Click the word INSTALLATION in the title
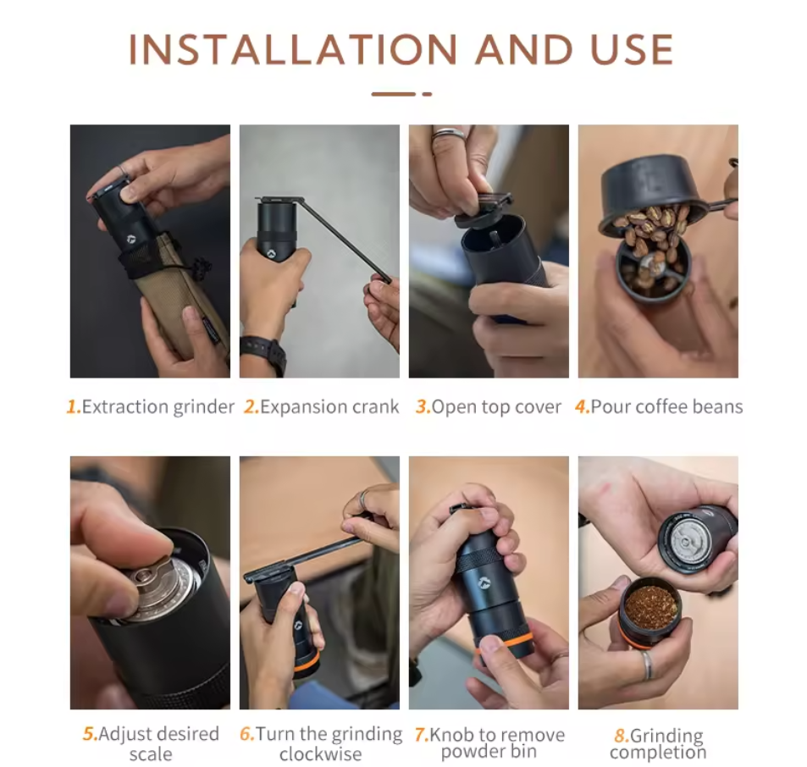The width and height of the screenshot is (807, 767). click(x=292, y=50)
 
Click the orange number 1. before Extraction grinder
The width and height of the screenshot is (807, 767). click(x=75, y=407)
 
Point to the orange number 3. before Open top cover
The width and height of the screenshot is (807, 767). click(x=423, y=407)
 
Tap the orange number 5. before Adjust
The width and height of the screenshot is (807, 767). click(x=90, y=734)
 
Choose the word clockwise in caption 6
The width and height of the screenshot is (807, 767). click(x=321, y=754)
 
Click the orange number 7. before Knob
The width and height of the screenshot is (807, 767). click(x=422, y=735)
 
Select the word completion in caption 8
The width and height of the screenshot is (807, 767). click(x=658, y=753)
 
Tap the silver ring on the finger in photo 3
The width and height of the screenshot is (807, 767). click(x=447, y=135)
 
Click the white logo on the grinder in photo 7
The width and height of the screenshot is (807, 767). click(x=483, y=582)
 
